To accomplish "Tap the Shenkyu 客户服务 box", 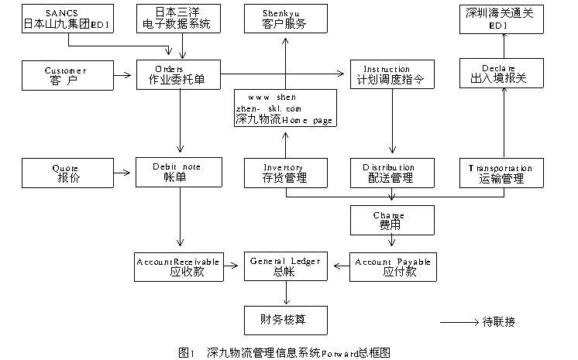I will coord(285,19).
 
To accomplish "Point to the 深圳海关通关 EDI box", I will coord(498,19).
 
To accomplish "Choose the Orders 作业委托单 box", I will coord(180,75).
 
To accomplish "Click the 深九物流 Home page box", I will coord(286,109).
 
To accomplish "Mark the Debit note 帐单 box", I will coord(180,173).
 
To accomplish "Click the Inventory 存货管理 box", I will coord(284,173).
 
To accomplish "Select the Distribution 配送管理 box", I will coord(391,173).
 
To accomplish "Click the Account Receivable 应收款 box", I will coord(177,266).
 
